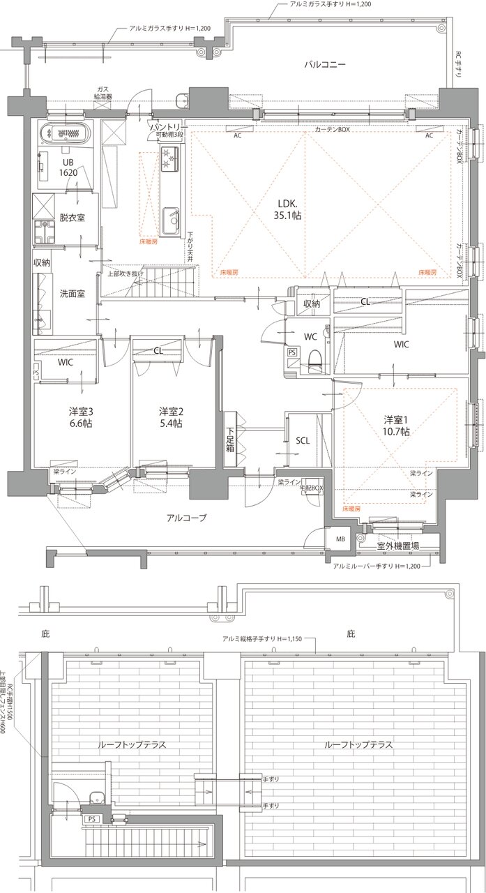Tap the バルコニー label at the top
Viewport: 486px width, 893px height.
[325, 65]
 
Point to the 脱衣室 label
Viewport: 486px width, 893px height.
[73, 218]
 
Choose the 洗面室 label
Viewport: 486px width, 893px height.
[73, 294]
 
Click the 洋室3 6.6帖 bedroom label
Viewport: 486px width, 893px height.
[81, 417]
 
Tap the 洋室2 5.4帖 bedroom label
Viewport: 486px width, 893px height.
[169, 417]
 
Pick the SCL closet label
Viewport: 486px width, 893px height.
[303, 441]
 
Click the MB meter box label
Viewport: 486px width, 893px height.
[340, 539]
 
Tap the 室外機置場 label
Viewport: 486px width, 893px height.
[397, 546]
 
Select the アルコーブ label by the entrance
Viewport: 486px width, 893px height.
[186, 517]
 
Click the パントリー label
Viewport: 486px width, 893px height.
[167, 127]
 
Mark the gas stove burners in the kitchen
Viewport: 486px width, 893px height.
[169, 158]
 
